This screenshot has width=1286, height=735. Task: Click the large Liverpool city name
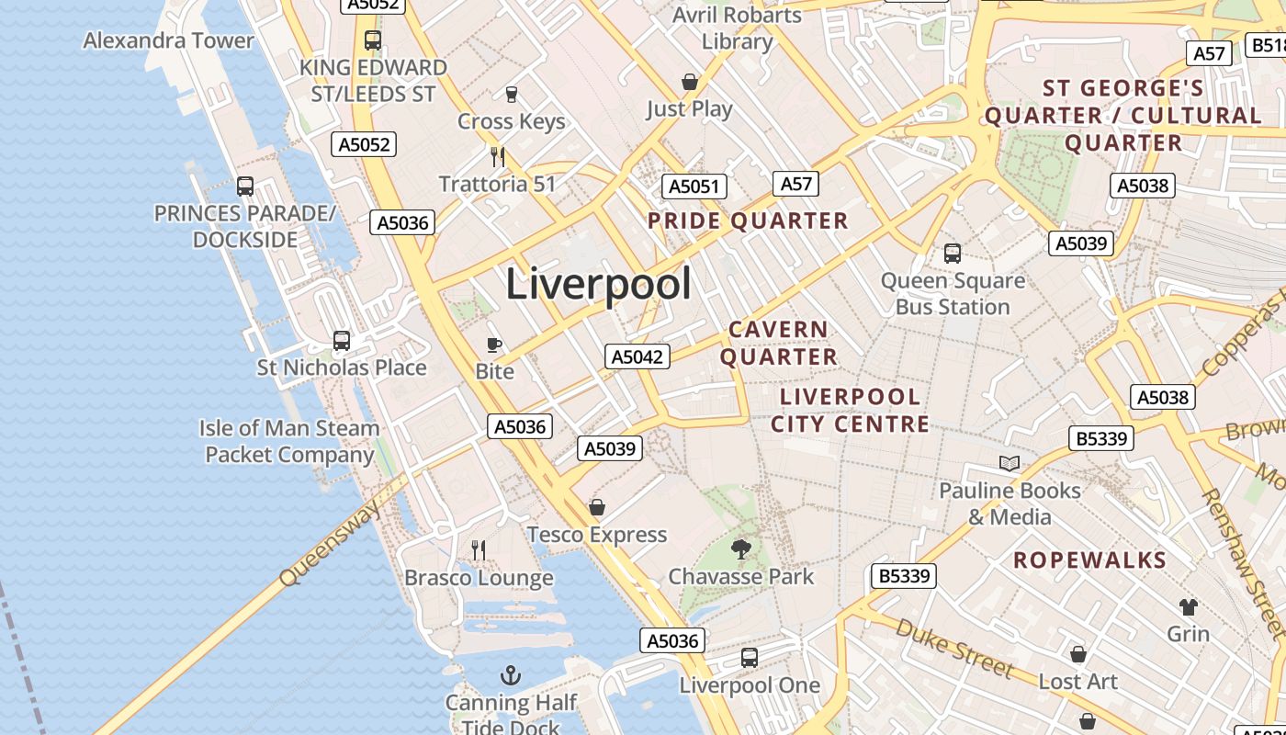(x=598, y=283)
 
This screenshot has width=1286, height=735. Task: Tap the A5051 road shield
(x=694, y=187)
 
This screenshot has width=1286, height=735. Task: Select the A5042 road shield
(x=637, y=356)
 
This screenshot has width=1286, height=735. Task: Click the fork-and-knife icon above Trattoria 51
(x=498, y=157)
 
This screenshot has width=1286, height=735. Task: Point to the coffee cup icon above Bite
(x=494, y=345)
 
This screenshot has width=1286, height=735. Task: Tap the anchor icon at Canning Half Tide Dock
(x=511, y=676)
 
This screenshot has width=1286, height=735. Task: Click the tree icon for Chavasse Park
(x=740, y=549)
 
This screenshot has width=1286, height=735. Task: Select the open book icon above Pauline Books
(x=1010, y=464)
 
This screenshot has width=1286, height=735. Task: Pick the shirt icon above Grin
(x=1189, y=606)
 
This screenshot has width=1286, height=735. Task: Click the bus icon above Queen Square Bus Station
(x=953, y=254)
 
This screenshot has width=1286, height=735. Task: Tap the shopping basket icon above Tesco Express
(x=597, y=507)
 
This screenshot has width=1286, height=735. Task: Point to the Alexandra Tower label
(x=168, y=40)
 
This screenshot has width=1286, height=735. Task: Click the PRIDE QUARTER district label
(x=748, y=220)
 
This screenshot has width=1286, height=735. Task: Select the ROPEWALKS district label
(x=1089, y=560)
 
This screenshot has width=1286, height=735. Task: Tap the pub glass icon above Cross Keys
(x=512, y=94)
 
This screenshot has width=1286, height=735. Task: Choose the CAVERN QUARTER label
(x=779, y=343)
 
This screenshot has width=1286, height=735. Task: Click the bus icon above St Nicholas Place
(x=342, y=341)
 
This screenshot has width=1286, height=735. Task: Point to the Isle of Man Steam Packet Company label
(x=289, y=441)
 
